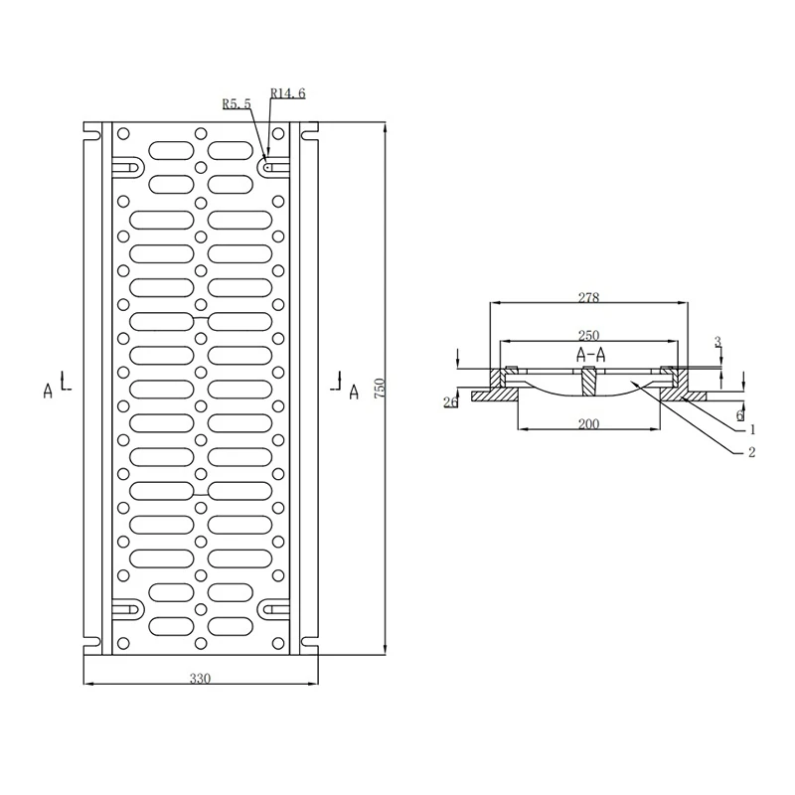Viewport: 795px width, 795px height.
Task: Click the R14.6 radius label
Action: pos(288,93)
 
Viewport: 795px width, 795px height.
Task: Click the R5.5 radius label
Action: pos(237,104)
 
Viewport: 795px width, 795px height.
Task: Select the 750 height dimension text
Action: pos(380,388)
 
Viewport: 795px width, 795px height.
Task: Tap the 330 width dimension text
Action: pos(200,678)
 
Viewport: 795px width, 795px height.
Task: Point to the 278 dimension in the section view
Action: pos(588,297)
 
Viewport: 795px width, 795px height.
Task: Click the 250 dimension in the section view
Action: pos(588,335)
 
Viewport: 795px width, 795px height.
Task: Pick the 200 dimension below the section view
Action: pos(588,423)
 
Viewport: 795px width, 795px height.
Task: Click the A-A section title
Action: pos(590,355)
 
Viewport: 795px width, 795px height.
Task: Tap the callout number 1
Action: pos(752,430)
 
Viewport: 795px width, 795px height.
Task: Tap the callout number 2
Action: pos(752,452)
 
